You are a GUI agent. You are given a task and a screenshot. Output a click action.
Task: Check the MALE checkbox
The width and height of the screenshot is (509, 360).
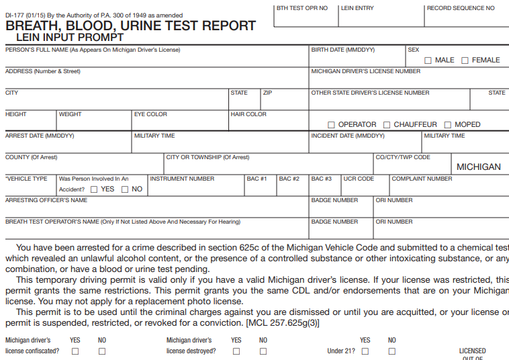click(x=428, y=60)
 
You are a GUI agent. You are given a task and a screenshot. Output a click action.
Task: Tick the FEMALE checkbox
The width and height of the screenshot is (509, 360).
click(x=465, y=60)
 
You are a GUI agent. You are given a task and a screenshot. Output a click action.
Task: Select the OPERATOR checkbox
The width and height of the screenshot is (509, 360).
click(x=331, y=125)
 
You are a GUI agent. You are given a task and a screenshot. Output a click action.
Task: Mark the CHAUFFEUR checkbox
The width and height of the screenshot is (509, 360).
click(x=387, y=125)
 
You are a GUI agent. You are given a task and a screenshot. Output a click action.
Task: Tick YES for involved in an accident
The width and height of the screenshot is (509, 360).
click(x=94, y=189)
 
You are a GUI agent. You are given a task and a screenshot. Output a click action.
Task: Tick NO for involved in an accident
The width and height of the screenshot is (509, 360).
click(x=125, y=189)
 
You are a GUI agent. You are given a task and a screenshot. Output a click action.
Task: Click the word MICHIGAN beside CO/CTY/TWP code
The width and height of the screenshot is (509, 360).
click(x=478, y=167)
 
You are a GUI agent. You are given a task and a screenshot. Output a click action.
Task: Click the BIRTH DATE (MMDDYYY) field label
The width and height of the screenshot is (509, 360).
click(x=342, y=50)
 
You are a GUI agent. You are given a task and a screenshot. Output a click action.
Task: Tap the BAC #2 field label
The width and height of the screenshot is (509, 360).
click(x=289, y=179)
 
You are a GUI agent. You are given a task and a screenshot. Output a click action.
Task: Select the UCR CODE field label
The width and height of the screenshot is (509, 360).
click(x=359, y=179)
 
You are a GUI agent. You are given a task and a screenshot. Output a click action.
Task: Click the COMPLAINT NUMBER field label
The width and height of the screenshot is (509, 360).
click(x=422, y=179)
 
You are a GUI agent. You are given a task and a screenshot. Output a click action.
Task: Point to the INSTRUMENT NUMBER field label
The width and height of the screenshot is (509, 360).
click(x=182, y=179)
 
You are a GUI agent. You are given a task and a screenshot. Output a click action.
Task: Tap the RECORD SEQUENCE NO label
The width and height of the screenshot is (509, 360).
click(x=461, y=8)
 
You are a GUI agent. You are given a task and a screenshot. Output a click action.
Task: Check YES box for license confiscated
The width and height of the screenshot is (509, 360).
click(x=75, y=351)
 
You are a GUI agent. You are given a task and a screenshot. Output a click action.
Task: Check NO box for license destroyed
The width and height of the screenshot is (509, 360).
click(x=263, y=351)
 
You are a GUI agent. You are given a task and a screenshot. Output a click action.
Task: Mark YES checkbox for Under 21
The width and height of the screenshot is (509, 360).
click(x=365, y=351)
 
